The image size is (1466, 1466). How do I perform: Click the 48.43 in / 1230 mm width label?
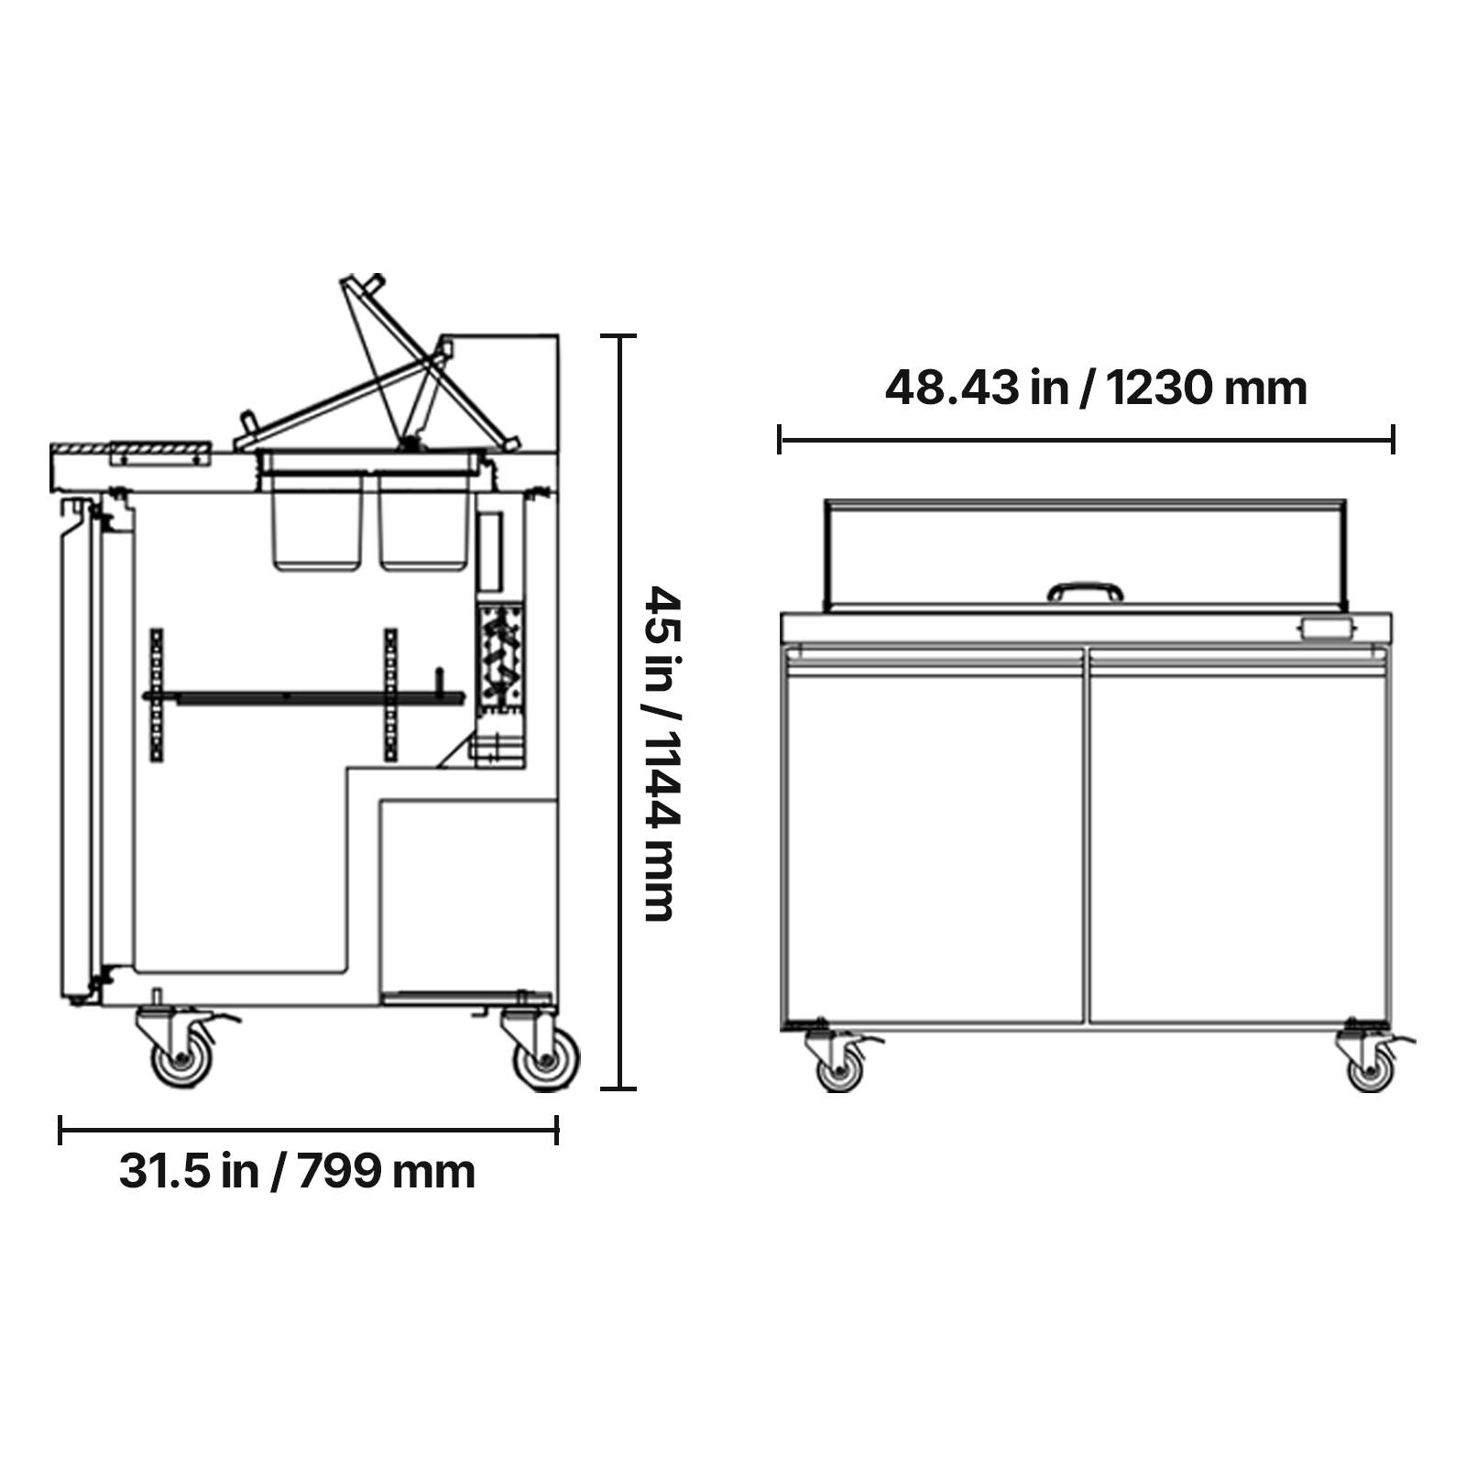pyautogui.click(x=1095, y=388)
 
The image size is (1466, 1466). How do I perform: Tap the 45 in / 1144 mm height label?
pyautogui.click(x=662, y=753)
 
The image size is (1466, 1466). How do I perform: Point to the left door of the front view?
pyautogui.click(x=935, y=843)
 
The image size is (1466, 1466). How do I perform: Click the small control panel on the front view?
pyautogui.click(x=1325, y=629)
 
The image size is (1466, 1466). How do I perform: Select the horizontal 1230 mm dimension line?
pyautogui.click(x=1086, y=439)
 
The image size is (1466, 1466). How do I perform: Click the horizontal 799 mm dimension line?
pyautogui.click(x=308, y=1130)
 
